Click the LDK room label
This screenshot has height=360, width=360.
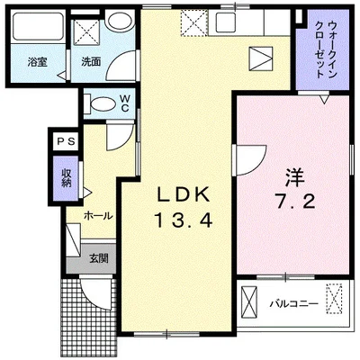(185, 194)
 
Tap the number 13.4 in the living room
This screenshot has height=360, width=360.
(185, 219)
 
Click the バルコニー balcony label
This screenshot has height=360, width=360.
(293, 303)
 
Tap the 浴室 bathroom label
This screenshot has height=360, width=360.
(37, 64)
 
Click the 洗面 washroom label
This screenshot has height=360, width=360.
(91, 64)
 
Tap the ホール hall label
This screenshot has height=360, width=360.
(97, 217)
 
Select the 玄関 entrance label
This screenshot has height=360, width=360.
(98, 258)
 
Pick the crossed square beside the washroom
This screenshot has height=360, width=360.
(86, 31)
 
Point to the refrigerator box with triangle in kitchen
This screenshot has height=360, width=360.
(260, 59)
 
